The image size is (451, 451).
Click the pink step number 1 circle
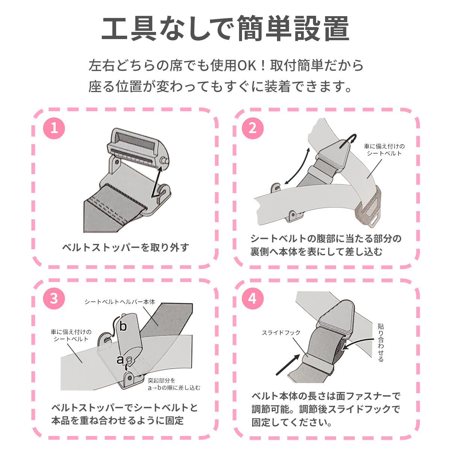[54, 128]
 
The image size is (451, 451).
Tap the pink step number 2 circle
[253, 128]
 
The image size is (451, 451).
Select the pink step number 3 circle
[54, 299]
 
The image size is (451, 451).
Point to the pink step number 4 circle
[253, 299]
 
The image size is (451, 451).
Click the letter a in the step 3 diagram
[120, 360]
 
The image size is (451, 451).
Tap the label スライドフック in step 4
[281, 333]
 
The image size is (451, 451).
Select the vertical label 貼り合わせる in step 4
[381, 343]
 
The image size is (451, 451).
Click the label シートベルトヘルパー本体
[120, 302]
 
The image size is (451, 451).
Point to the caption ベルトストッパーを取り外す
[126, 247]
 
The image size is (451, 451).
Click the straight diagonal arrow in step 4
[288, 365]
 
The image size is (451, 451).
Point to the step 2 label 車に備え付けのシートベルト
[384, 150]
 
